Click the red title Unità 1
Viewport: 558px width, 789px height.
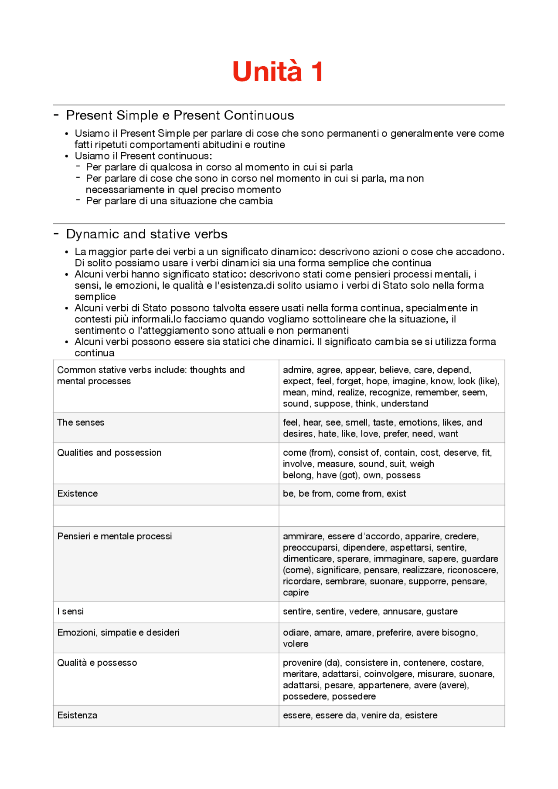click(x=278, y=71)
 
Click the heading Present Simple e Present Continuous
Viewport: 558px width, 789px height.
click(x=180, y=115)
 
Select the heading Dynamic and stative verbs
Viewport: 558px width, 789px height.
click(x=146, y=234)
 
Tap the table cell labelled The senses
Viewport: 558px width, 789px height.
click(x=81, y=423)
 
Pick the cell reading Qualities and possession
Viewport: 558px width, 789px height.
click(x=109, y=453)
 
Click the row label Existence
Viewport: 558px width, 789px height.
click(x=78, y=494)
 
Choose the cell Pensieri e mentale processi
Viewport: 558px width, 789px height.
click(x=115, y=536)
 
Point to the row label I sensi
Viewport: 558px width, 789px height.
click(x=71, y=612)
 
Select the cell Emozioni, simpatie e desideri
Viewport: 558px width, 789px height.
click(x=118, y=633)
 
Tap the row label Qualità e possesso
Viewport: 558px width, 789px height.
click(x=97, y=663)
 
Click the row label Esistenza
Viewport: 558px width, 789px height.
click(x=77, y=715)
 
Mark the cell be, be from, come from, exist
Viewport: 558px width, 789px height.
click(x=344, y=494)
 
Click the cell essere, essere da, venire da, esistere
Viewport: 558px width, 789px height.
click(x=360, y=715)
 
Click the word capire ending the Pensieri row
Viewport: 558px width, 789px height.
click(x=296, y=593)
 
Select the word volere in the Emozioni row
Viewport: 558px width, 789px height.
click(x=296, y=644)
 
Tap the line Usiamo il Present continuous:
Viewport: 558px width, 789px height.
click(x=143, y=156)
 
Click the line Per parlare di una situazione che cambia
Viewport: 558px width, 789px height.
click(x=179, y=201)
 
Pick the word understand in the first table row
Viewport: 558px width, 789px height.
click(x=405, y=404)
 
